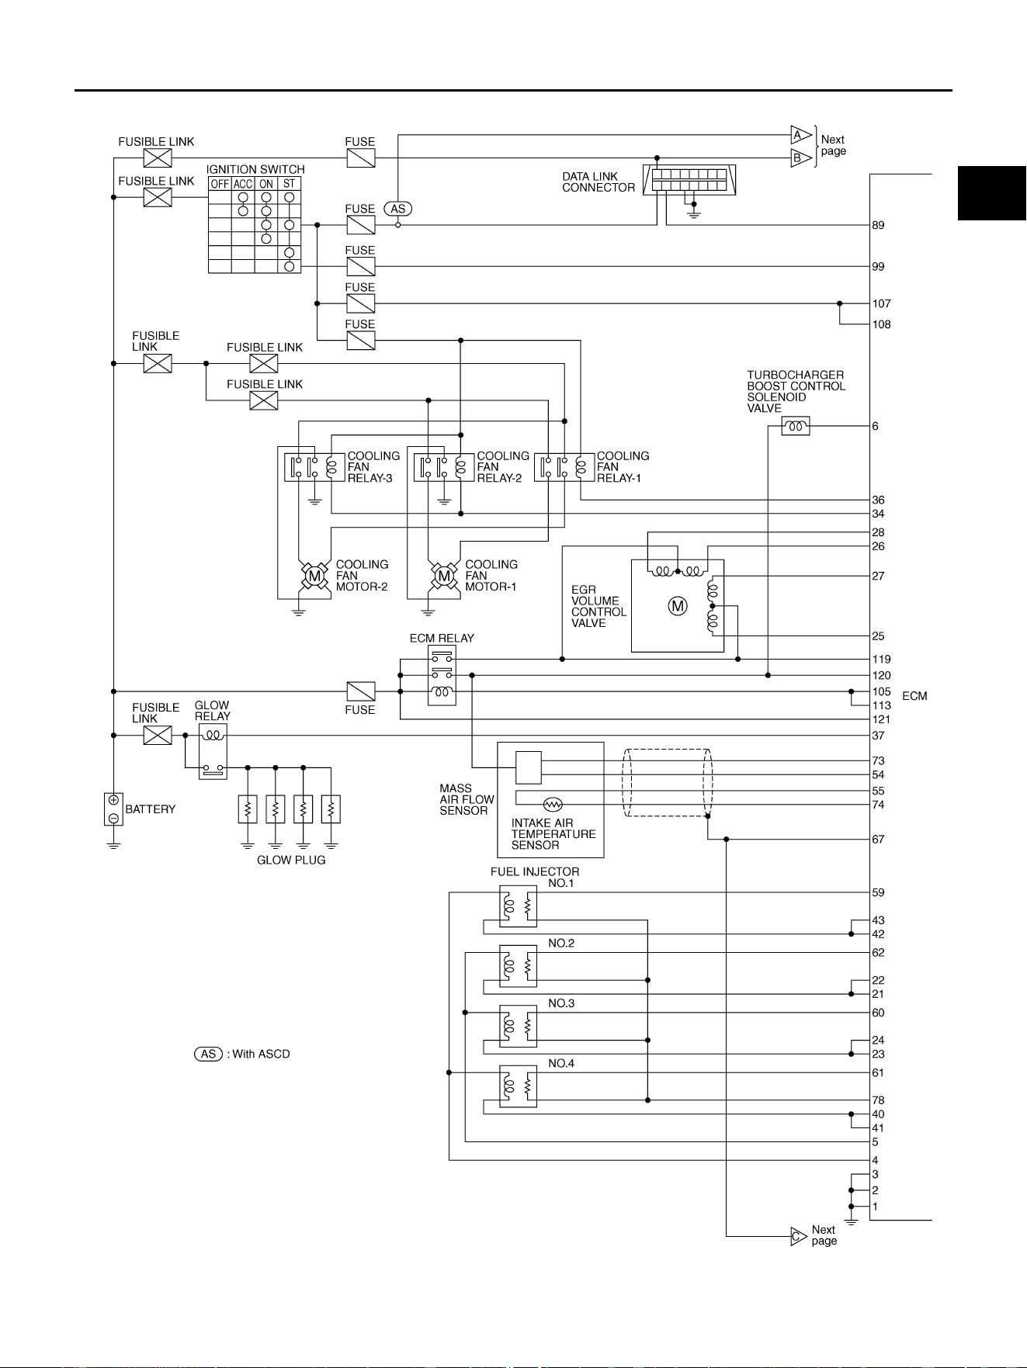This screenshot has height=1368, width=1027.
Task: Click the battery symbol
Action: point(113,809)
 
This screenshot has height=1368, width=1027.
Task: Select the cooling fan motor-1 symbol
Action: point(444,576)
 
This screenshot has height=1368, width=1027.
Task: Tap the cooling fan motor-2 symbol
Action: point(314,576)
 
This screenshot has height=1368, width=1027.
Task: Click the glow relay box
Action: point(213,751)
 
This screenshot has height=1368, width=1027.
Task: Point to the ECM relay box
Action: point(442,675)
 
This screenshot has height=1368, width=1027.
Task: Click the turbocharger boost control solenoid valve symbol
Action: point(795,426)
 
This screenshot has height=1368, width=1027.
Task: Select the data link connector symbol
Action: point(689,180)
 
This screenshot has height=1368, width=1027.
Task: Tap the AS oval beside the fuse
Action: point(398,209)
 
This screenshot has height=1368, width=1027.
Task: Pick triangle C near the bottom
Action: point(799,1236)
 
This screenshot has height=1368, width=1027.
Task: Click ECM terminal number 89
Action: point(878,225)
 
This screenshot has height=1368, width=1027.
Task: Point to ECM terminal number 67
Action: point(878,839)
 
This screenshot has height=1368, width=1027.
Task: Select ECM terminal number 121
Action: point(881,719)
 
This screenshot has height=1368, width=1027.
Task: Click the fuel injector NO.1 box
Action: point(518,906)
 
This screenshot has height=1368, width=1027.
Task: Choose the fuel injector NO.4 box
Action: point(518,1086)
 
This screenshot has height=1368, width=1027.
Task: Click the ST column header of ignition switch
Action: point(290,184)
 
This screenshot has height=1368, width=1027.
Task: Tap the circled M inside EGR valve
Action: point(678,606)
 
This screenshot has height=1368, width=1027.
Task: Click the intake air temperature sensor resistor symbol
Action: point(553,805)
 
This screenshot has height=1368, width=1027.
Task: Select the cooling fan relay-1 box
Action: point(564,467)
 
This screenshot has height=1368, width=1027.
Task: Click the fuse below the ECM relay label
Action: point(360,691)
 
